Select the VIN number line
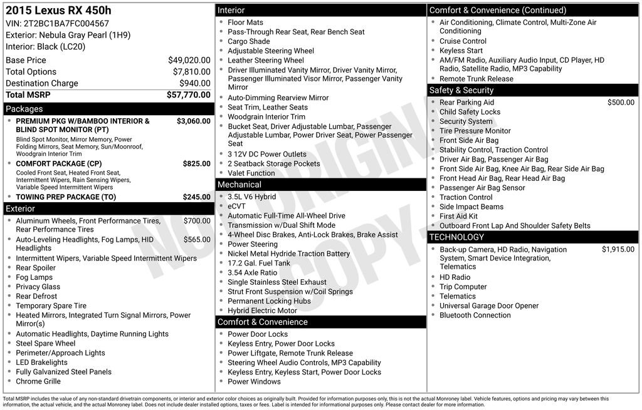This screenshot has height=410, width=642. [57, 24]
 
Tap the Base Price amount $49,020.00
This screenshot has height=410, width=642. [189, 60]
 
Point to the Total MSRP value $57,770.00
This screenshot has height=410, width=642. [188, 95]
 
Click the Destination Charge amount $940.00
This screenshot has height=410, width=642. [195, 83]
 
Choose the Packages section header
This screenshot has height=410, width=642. [24, 109]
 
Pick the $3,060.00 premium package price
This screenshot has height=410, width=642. [193, 121]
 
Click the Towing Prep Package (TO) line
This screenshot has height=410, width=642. [66, 197]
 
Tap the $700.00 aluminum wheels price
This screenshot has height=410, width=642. [197, 221]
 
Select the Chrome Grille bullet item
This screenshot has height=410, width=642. [38, 381]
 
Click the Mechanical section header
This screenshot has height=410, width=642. [239, 185]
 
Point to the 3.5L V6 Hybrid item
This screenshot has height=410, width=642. [251, 197]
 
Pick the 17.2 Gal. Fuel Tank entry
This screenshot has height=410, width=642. [259, 264]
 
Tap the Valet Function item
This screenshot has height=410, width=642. [251, 173]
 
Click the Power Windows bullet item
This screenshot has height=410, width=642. [254, 382]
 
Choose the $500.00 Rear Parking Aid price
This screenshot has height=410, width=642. [621, 103]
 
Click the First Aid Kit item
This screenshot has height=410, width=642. [458, 217]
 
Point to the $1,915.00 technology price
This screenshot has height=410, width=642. [618, 250]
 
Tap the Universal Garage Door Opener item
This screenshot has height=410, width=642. [489, 306]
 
